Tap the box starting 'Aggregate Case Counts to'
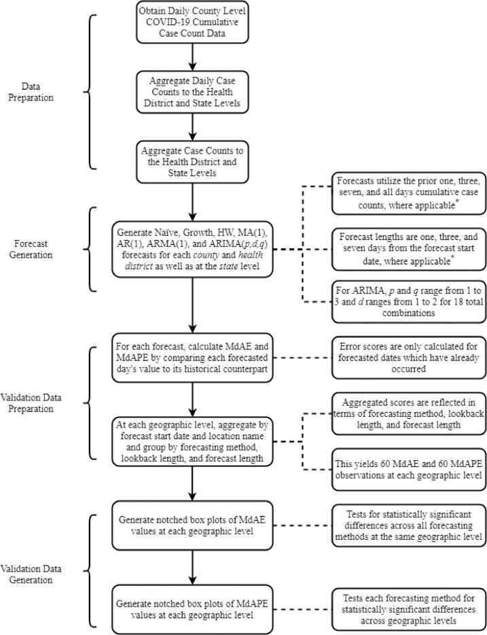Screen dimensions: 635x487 [193, 160]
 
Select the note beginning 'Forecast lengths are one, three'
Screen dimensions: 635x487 [408, 247]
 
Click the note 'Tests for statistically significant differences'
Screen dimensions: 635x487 [408, 528]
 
